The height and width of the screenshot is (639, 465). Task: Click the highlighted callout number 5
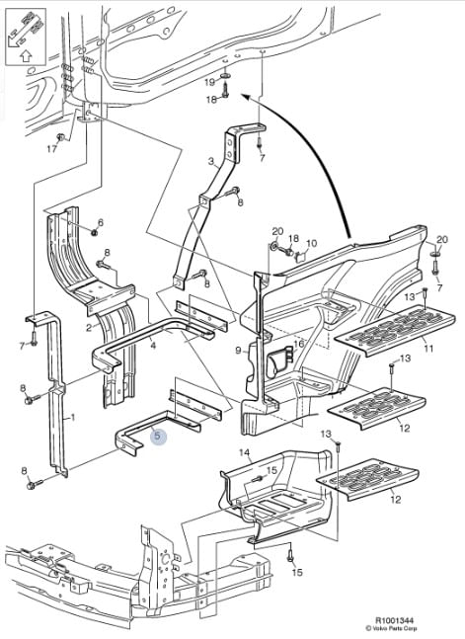tap(158, 437)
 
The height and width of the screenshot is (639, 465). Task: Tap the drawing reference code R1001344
tap(393, 620)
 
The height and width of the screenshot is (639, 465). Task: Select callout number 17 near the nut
tap(51, 149)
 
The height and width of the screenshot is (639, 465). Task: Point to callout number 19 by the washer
tap(209, 82)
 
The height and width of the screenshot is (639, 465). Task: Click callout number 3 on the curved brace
tap(210, 162)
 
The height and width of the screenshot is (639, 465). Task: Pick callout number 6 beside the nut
tap(101, 222)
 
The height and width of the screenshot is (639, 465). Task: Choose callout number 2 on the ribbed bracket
tap(89, 328)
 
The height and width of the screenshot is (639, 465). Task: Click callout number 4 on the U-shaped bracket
tap(153, 347)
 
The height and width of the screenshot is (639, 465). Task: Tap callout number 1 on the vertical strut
tap(73, 418)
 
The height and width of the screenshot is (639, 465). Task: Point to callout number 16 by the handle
tap(299, 345)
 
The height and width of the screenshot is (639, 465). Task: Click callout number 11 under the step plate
tap(428, 349)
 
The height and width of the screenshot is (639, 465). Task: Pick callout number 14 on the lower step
tap(244, 452)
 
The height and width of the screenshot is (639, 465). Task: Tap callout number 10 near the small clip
tap(311, 244)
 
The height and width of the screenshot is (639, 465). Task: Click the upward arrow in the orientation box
tap(26, 55)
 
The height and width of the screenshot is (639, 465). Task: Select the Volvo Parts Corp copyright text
tap(391, 628)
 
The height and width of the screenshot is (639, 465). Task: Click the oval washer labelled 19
tap(224, 76)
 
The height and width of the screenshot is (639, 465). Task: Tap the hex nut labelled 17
tap(61, 137)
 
